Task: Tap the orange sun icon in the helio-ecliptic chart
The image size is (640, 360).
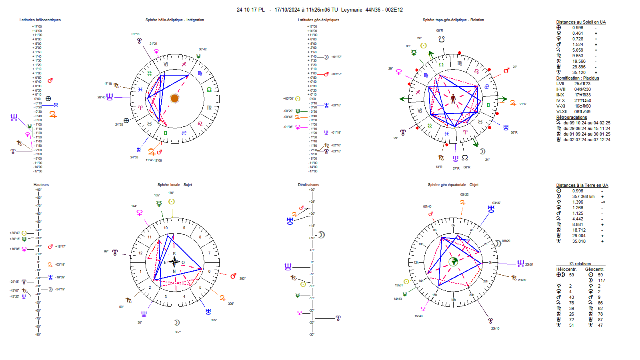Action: click(174, 98)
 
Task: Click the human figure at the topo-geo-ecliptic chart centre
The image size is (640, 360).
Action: click(453, 98)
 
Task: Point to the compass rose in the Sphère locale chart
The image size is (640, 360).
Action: click(174, 262)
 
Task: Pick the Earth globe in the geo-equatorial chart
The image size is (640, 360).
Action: click(453, 262)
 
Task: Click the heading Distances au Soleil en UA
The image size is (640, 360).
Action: click(581, 22)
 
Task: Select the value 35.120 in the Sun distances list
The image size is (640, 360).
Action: click(579, 72)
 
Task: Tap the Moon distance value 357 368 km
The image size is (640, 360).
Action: click(583, 196)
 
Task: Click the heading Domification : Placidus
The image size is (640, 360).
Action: click(577, 78)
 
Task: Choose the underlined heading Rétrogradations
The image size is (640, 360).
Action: click(572, 117)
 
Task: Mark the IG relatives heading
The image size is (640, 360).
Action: click(580, 264)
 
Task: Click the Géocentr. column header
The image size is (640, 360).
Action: click(594, 269)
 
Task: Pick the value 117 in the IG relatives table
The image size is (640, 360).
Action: click(602, 280)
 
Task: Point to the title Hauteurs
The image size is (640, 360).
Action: click(41, 185)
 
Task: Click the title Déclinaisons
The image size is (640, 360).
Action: click(308, 185)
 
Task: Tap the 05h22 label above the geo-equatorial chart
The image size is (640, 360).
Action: click(464, 194)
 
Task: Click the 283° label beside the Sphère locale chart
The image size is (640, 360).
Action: click(242, 278)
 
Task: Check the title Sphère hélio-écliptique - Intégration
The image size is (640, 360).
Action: click(174, 20)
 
